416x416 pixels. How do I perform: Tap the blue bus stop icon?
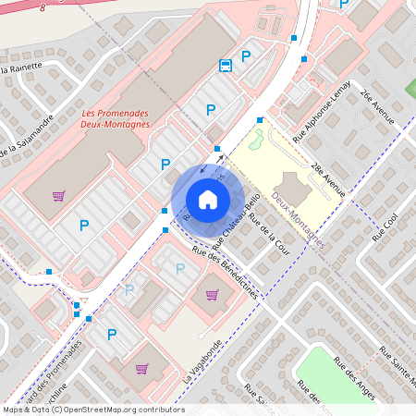click(x=225, y=65)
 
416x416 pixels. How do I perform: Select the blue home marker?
click(x=208, y=199)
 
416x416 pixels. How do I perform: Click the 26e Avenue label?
click(x=378, y=107)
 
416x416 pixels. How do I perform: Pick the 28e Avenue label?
click(x=328, y=179)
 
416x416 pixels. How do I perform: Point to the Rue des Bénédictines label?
click(x=226, y=270)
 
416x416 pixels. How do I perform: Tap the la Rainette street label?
click(x=22, y=67)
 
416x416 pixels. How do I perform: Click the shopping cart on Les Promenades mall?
click(x=59, y=195)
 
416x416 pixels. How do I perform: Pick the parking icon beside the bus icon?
click(x=246, y=57)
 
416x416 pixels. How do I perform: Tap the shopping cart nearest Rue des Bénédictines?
click(x=213, y=295)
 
